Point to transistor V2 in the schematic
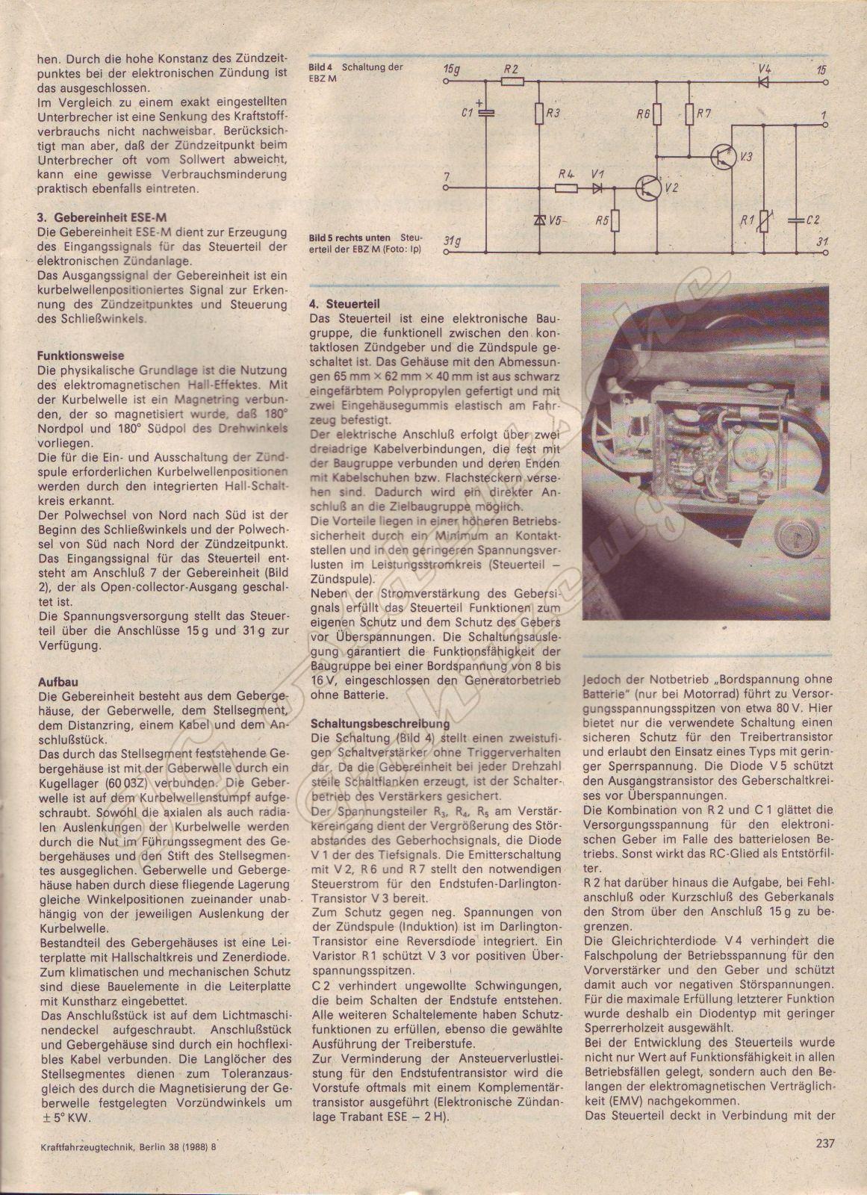coord(648,188)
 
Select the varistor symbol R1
coord(763,220)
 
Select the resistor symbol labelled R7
coord(689,114)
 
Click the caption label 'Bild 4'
coord(320,67)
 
